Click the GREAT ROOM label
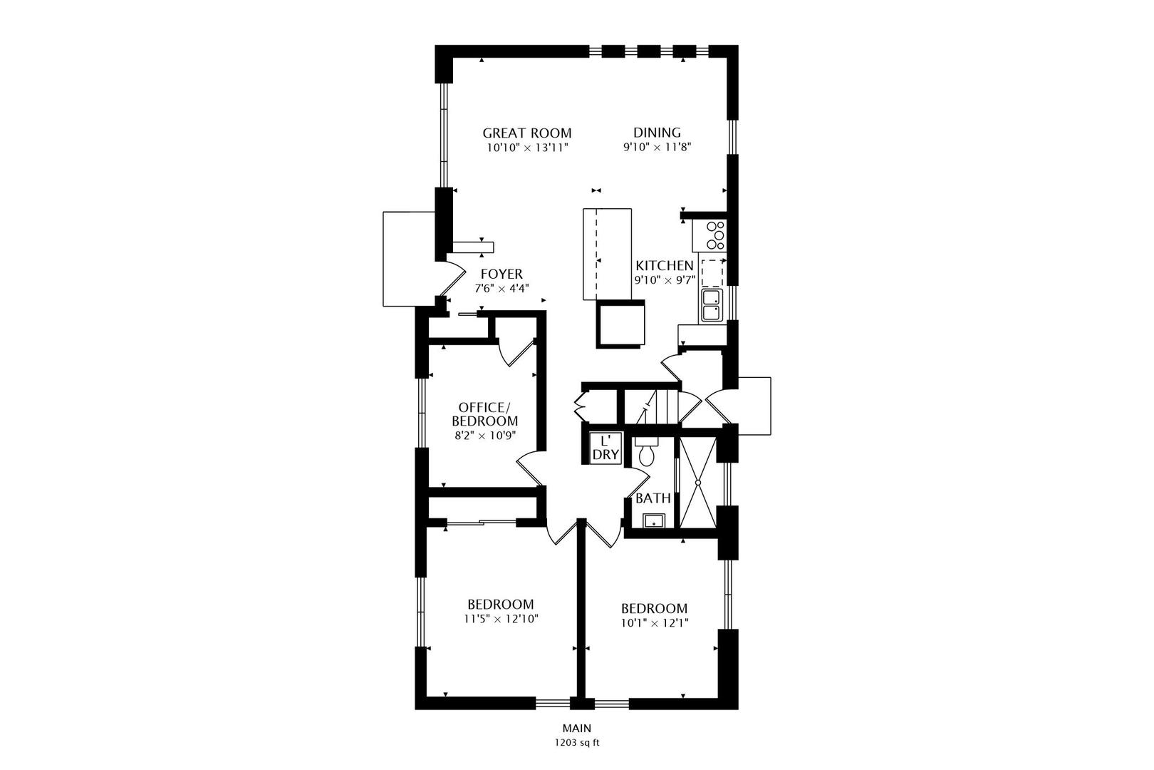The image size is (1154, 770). [x=527, y=133]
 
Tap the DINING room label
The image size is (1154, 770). [x=657, y=133]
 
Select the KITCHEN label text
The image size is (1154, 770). [x=665, y=266]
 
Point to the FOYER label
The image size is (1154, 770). [x=501, y=274]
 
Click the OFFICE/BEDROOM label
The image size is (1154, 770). [x=485, y=414]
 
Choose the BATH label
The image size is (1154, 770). [x=653, y=498]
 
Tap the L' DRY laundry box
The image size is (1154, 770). [x=605, y=448]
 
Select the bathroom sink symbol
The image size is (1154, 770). [x=654, y=521]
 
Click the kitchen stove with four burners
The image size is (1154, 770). [x=709, y=236]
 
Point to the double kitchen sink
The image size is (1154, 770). [x=712, y=306]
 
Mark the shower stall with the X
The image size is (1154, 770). [x=698, y=483]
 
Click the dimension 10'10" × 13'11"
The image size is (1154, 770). [x=528, y=148]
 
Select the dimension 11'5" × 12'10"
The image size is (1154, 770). [x=501, y=619]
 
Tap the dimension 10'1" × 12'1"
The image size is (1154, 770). [x=654, y=623]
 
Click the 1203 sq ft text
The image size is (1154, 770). [x=577, y=743]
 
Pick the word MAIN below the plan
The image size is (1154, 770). [x=577, y=729]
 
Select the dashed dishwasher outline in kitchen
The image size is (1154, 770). [x=712, y=273]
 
